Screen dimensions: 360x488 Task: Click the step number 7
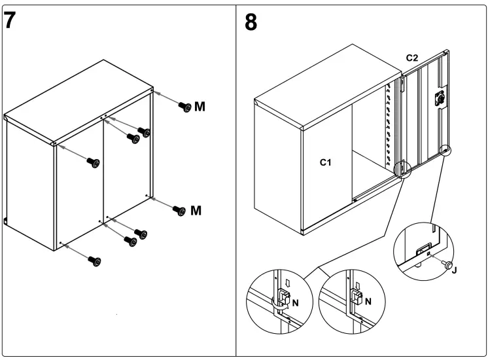coord(10,20)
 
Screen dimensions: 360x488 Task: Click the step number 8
coord(251,22)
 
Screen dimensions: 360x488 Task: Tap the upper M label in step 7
coord(200,107)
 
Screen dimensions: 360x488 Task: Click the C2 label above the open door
coord(412,58)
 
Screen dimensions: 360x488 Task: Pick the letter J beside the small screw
coord(455,269)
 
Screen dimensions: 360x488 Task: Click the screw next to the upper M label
coord(184,107)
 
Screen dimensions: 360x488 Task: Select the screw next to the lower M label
coord(177,210)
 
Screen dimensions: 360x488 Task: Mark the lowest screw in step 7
coord(96,261)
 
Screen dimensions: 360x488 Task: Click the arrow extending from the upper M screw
coord(167,99)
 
